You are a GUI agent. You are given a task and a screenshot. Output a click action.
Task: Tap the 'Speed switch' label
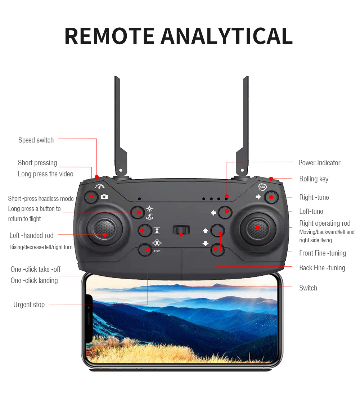pos(36,140)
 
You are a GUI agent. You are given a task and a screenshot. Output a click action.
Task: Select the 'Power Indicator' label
pos(319,163)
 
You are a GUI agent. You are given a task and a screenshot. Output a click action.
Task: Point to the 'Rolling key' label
pos(314,179)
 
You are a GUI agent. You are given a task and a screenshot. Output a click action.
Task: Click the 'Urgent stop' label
pos(29,305)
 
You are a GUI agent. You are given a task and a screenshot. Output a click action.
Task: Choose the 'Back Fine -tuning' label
pos(322,268)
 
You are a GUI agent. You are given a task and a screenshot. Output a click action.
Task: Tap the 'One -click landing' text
pos(34,281)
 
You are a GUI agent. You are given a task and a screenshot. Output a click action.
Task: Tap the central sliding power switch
pos(181,230)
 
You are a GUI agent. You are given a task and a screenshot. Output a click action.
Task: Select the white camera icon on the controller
pos(104,197)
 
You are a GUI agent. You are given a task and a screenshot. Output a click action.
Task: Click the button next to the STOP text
pos(145,249)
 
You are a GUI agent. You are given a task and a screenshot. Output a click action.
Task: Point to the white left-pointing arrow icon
pos(213,213)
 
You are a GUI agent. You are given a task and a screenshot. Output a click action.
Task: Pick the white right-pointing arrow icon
pos(258,197)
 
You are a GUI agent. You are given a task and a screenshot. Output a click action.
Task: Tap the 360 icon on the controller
pos(263,187)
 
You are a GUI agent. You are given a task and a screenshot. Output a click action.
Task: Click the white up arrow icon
pos(206,231)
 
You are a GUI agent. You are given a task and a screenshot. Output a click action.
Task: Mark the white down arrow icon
pos(206,243)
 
